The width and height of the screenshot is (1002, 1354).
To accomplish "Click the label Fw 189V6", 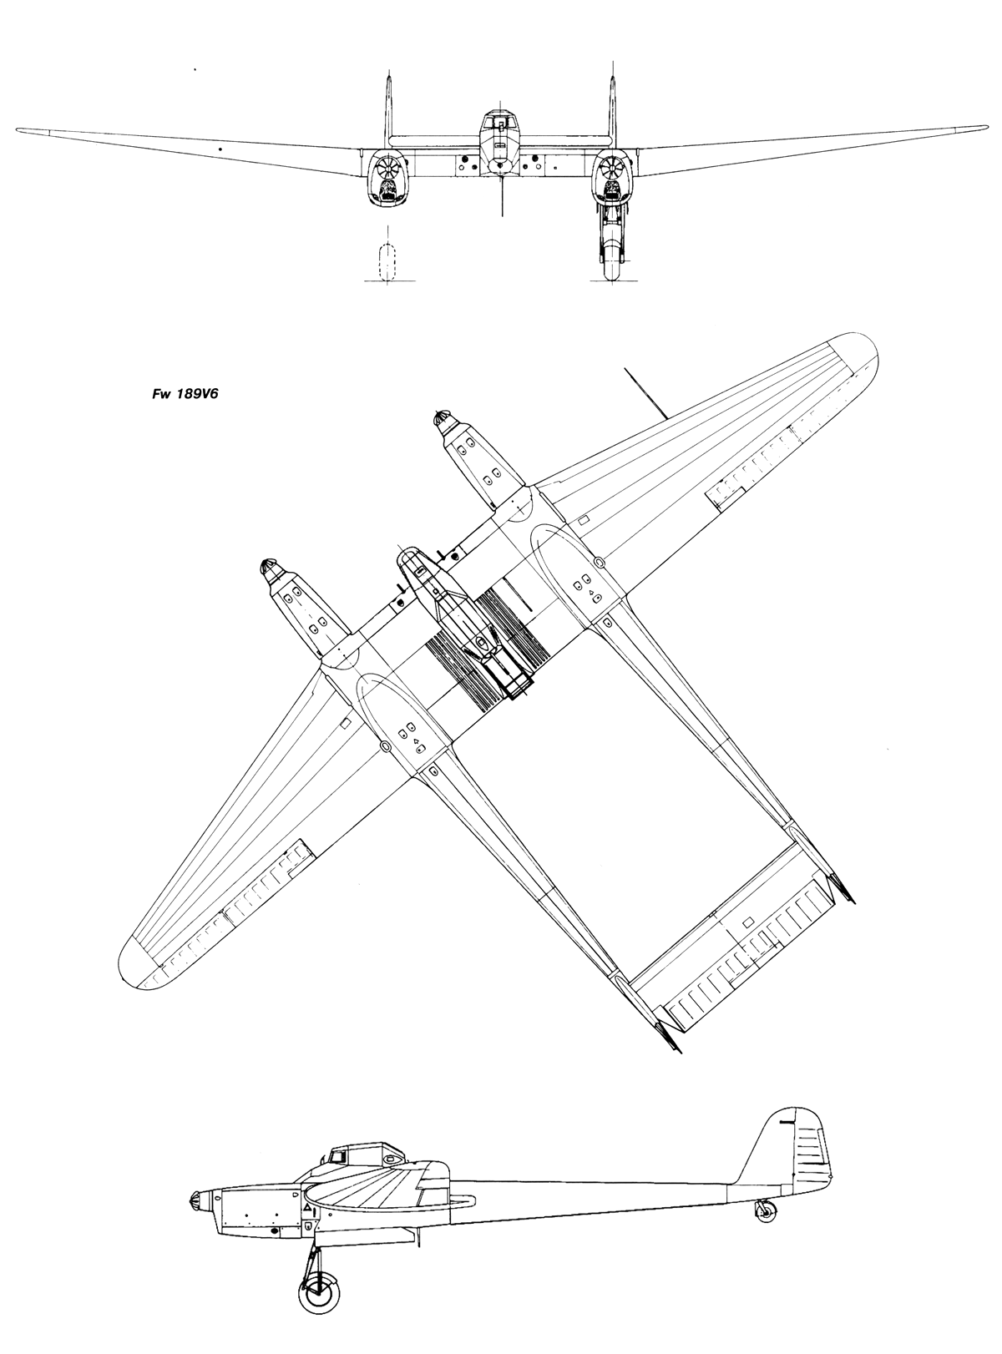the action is click(185, 394).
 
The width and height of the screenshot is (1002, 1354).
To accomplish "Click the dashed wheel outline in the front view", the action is click(388, 262).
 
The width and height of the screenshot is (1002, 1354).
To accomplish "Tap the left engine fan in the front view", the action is click(387, 166).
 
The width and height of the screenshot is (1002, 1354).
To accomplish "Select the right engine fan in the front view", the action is click(610, 166).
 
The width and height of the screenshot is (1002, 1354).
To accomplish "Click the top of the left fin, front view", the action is click(388, 76).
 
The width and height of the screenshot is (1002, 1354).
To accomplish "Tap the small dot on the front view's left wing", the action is click(220, 149).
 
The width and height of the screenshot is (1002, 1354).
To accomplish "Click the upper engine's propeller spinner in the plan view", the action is click(441, 417).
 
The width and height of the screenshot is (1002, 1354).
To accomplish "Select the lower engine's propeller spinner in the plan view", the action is click(269, 567).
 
